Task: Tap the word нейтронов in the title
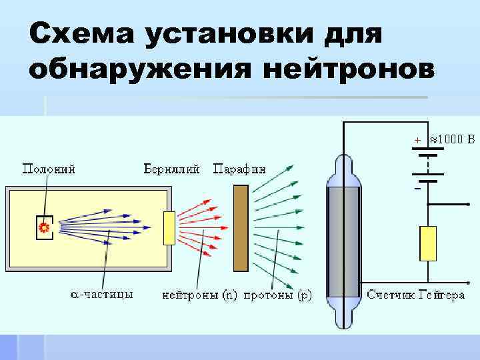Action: click(342, 68)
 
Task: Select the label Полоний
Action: click(49, 169)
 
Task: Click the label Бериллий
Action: click(173, 169)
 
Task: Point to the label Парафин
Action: click(239, 169)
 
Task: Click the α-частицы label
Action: click(102, 293)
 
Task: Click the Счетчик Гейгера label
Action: click(416, 294)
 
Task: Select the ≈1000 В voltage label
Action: click(452, 140)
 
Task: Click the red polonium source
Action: click(45, 227)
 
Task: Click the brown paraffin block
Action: click(241, 228)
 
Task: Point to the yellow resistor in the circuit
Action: click(427, 243)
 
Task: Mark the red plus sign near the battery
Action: click(417, 141)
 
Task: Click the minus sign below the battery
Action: click(417, 189)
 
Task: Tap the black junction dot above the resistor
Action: click(427, 204)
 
